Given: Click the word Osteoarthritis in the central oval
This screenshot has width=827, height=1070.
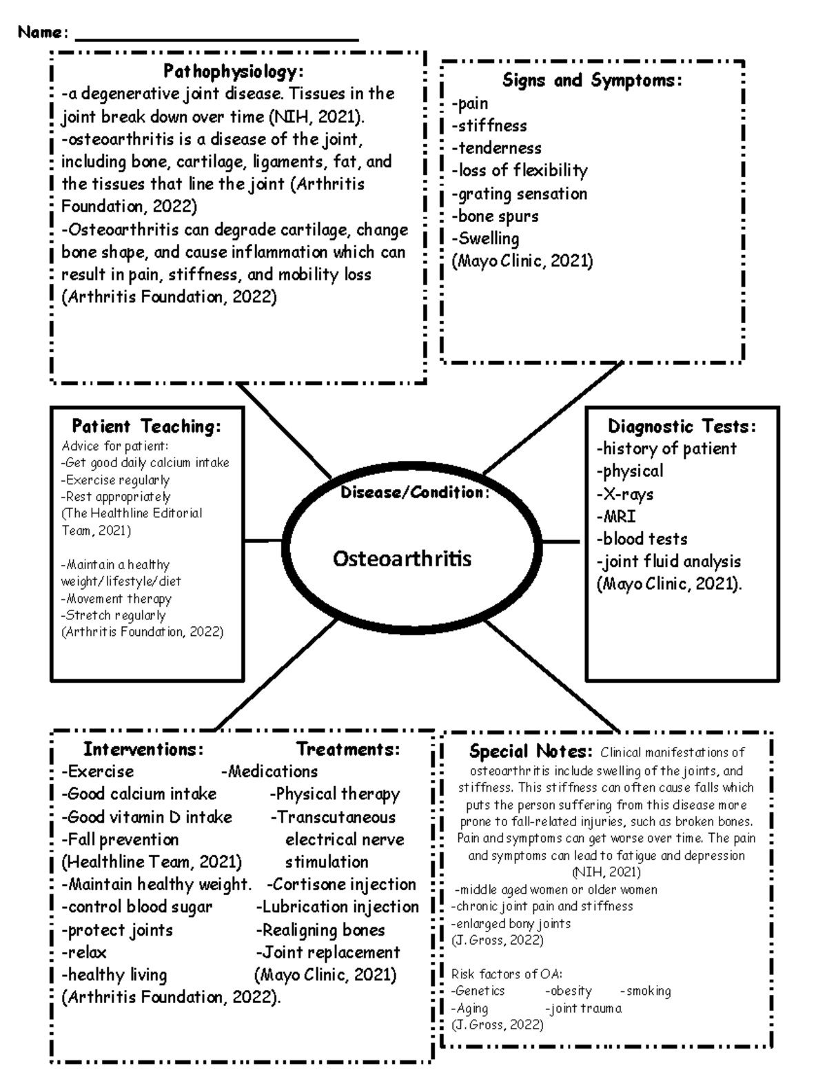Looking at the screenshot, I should coord(402,558).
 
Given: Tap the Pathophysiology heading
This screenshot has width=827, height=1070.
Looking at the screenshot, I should coord(233,72).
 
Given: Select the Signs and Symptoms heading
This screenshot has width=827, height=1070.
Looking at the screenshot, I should coord(592,81).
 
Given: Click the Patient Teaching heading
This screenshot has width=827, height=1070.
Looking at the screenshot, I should coord(146,426).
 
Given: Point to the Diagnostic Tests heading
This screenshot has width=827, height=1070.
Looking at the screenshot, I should coord(682,426).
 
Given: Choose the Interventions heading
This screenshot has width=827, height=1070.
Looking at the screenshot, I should coord(143,749).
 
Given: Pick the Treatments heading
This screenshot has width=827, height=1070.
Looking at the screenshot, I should coord(348,749).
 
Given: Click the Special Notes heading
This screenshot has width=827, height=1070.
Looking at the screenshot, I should coord(530,752).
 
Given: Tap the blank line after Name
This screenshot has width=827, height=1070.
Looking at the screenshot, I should coord(216,38).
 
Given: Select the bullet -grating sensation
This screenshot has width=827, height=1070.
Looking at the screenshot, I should coord(520,194).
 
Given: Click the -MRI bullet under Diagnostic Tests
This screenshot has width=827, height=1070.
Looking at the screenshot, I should coord(616,516).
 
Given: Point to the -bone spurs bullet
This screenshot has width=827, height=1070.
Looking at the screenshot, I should coord(495,216).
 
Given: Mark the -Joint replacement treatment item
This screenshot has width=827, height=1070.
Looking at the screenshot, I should coord(327,952).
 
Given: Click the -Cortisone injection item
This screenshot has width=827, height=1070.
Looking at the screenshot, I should coord(341,884).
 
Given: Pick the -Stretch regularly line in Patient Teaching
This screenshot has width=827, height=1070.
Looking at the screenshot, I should coord(113,615).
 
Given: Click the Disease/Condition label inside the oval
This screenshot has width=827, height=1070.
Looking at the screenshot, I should coord(414,492).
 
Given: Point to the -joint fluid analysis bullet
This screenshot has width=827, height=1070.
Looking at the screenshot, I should coord(668,562).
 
